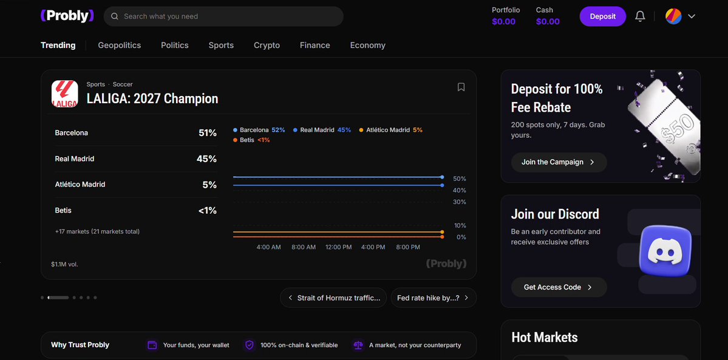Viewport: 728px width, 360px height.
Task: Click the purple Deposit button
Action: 603,16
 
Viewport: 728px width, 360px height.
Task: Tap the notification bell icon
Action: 640,16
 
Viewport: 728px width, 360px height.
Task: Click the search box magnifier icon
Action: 115,16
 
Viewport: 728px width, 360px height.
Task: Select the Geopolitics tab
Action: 120,45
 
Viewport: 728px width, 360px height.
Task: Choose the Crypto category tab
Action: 267,45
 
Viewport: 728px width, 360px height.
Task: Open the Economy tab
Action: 368,45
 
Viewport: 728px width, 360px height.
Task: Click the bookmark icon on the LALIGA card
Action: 461,87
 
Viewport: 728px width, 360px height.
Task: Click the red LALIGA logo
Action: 64,94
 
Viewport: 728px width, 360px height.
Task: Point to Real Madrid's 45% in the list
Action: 206,159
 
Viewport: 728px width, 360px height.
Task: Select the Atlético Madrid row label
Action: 80,185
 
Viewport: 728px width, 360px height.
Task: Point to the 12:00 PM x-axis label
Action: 338,247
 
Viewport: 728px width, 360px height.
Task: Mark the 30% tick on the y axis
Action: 460,202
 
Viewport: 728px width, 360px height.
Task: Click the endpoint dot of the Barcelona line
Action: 442,177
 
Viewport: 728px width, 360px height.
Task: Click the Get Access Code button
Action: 559,287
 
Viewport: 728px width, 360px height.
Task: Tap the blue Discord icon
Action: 665,251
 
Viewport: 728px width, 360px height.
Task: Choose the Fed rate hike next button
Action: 434,297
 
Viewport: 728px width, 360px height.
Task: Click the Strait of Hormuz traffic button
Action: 333,297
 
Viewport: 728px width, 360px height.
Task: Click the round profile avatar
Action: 673,16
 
